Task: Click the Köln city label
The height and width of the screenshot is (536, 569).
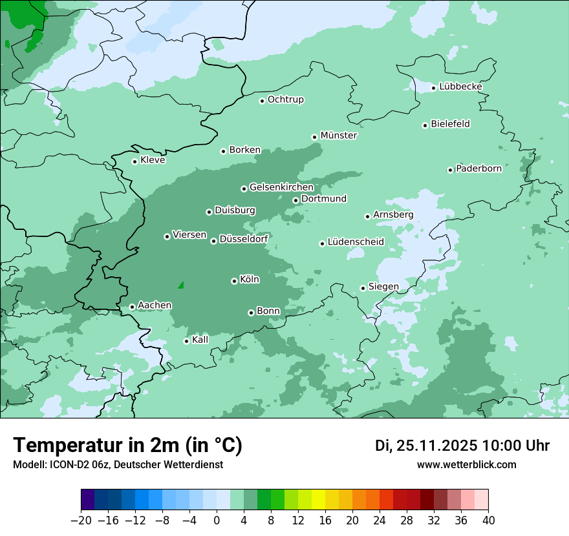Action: pos(250,280)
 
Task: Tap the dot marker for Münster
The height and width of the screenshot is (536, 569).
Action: pos(315,137)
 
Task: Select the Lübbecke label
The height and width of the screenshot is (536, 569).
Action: pos(460,87)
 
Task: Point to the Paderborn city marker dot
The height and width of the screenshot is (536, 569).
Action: pos(451,170)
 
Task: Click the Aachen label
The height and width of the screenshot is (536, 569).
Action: pos(155,305)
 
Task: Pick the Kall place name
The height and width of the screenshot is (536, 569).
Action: pos(200,339)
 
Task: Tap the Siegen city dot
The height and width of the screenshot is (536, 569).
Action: pos(363,288)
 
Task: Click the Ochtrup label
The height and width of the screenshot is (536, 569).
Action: pos(285,99)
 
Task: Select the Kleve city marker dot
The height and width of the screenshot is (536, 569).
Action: pos(135,161)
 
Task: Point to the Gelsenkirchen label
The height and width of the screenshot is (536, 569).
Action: pos(281,187)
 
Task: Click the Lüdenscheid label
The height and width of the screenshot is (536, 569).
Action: pos(356,242)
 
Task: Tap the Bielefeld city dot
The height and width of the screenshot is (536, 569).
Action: pos(425,125)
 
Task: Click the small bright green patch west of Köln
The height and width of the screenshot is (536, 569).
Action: pos(181,285)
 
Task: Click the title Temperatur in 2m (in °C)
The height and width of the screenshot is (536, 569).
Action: pos(127,446)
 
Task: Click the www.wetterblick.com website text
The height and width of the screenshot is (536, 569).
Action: pos(466,465)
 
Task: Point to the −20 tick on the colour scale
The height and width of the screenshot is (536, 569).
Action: pos(81,521)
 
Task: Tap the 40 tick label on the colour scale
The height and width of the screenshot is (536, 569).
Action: pos(488,521)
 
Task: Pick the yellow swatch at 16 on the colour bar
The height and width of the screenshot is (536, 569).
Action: pos(325,500)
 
